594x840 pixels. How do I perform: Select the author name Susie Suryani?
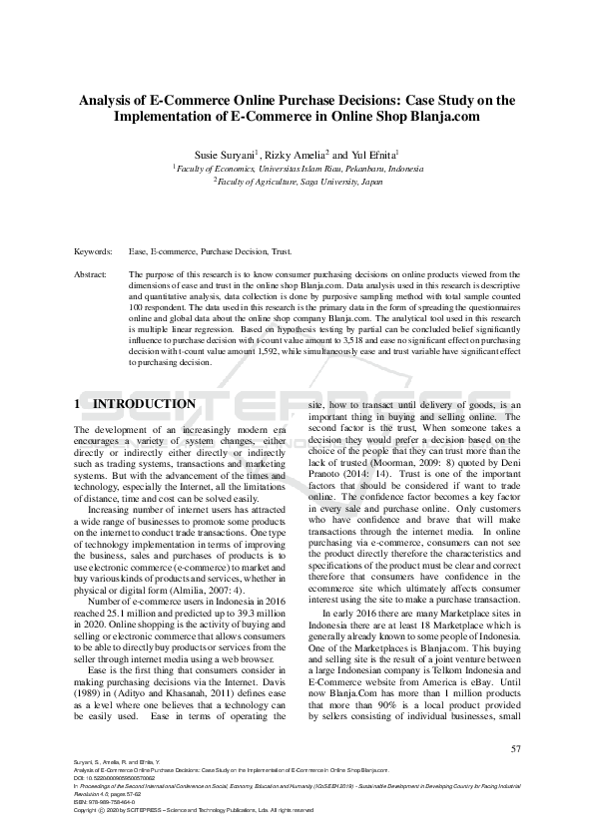225,156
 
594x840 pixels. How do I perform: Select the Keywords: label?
93,252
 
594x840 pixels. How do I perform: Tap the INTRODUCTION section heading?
144,404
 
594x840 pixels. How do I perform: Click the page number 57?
515,748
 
